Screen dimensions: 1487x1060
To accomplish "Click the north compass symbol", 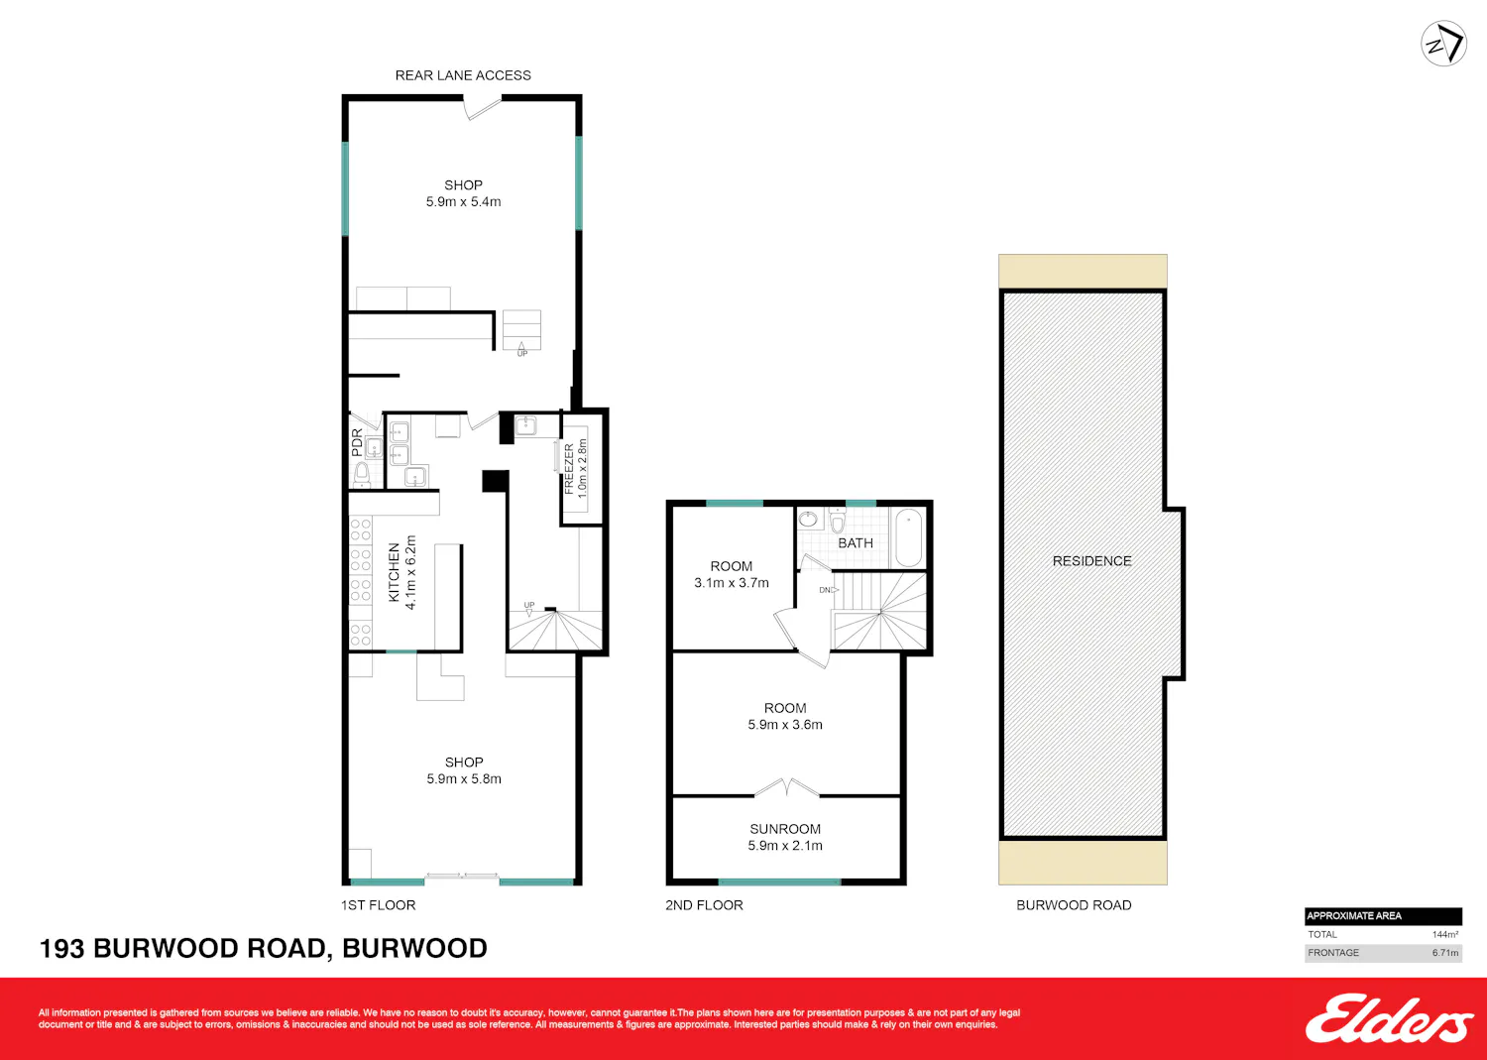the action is pyautogui.click(x=1443, y=44).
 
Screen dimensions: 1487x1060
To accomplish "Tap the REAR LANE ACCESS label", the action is pyautogui.click(x=463, y=75).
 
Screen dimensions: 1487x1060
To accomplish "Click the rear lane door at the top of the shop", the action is pyautogui.click(x=483, y=108).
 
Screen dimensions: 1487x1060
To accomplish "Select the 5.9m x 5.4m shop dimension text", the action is pyautogui.click(x=463, y=202).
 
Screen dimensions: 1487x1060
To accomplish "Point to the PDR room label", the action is pyautogui.click(x=357, y=443).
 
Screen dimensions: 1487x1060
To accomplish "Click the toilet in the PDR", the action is pyautogui.click(x=362, y=475).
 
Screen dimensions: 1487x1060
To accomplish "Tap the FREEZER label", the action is pyautogui.click(x=568, y=469).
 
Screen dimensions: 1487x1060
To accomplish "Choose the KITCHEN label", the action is pyautogui.click(x=394, y=572).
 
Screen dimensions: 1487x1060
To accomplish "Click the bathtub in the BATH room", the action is pyautogui.click(x=908, y=537).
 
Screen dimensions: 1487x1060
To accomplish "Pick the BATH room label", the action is pyautogui.click(x=855, y=543).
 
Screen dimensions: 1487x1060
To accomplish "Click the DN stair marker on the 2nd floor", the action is pyautogui.click(x=826, y=590).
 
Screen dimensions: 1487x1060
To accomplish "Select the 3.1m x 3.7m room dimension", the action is pyautogui.click(x=731, y=583).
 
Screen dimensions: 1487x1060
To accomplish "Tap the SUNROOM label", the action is pyautogui.click(x=785, y=829).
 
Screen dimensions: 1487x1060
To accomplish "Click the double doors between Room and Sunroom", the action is pyautogui.click(x=787, y=788).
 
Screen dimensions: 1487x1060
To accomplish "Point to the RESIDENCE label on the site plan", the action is pyautogui.click(x=1092, y=561).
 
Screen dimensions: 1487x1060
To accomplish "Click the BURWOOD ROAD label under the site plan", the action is pyautogui.click(x=1074, y=905).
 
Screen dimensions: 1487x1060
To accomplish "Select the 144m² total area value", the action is pyautogui.click(x=1445, y=934).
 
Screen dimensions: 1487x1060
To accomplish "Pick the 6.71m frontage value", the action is pyautogui.click(x=1445, y=952).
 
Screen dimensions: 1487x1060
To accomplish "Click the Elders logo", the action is pyautogui.click(x=1389, y=1018).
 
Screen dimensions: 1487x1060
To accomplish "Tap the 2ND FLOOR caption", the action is pyautogui.click(x=704, y=905).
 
